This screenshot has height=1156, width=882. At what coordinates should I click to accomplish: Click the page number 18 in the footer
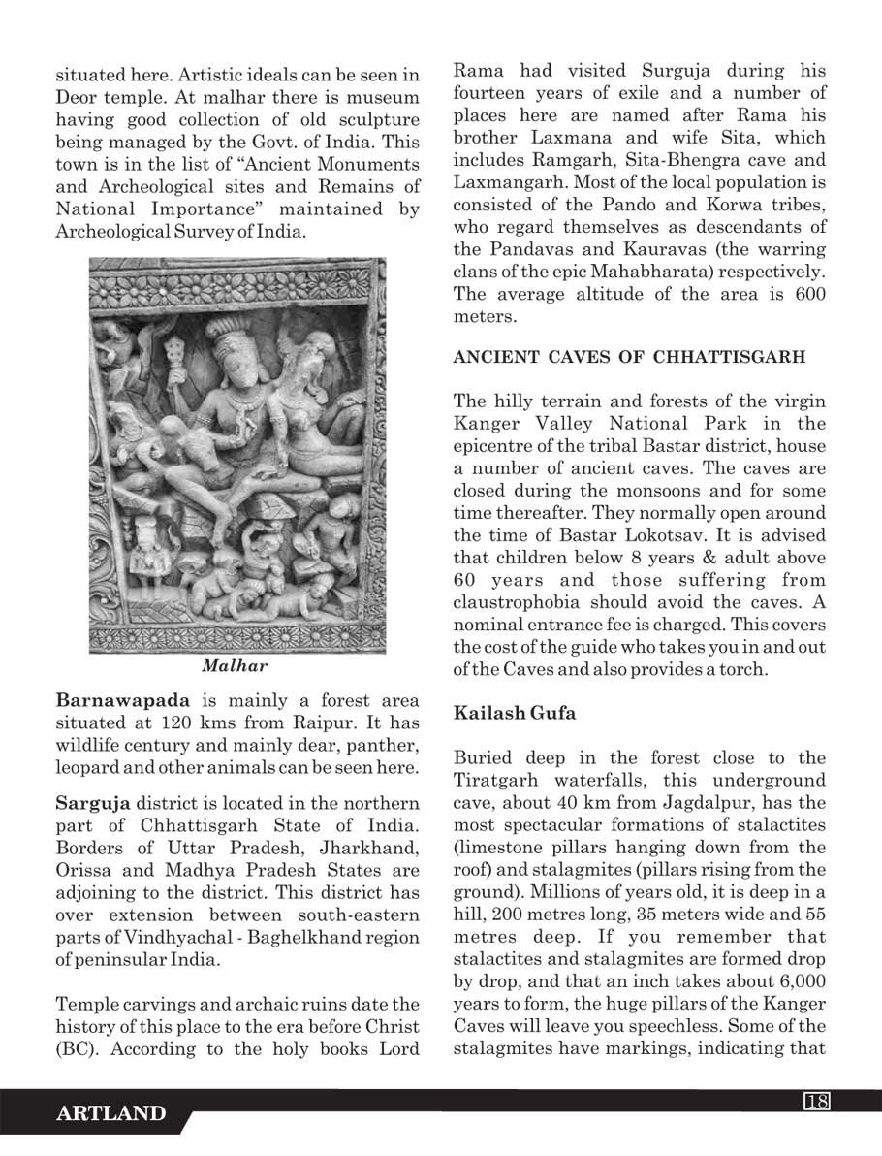[x=816, y=1100]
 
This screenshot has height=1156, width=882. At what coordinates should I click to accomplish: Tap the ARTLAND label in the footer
[x=111, y=1114]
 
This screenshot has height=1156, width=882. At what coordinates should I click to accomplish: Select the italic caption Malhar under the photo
[x=235, y=666]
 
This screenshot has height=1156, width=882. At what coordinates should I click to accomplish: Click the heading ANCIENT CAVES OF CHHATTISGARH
[x=629, y=357]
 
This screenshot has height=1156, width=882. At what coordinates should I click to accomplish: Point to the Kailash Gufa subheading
[x=514, y=713]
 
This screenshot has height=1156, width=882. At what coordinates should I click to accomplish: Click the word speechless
[x=703, y=1025]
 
